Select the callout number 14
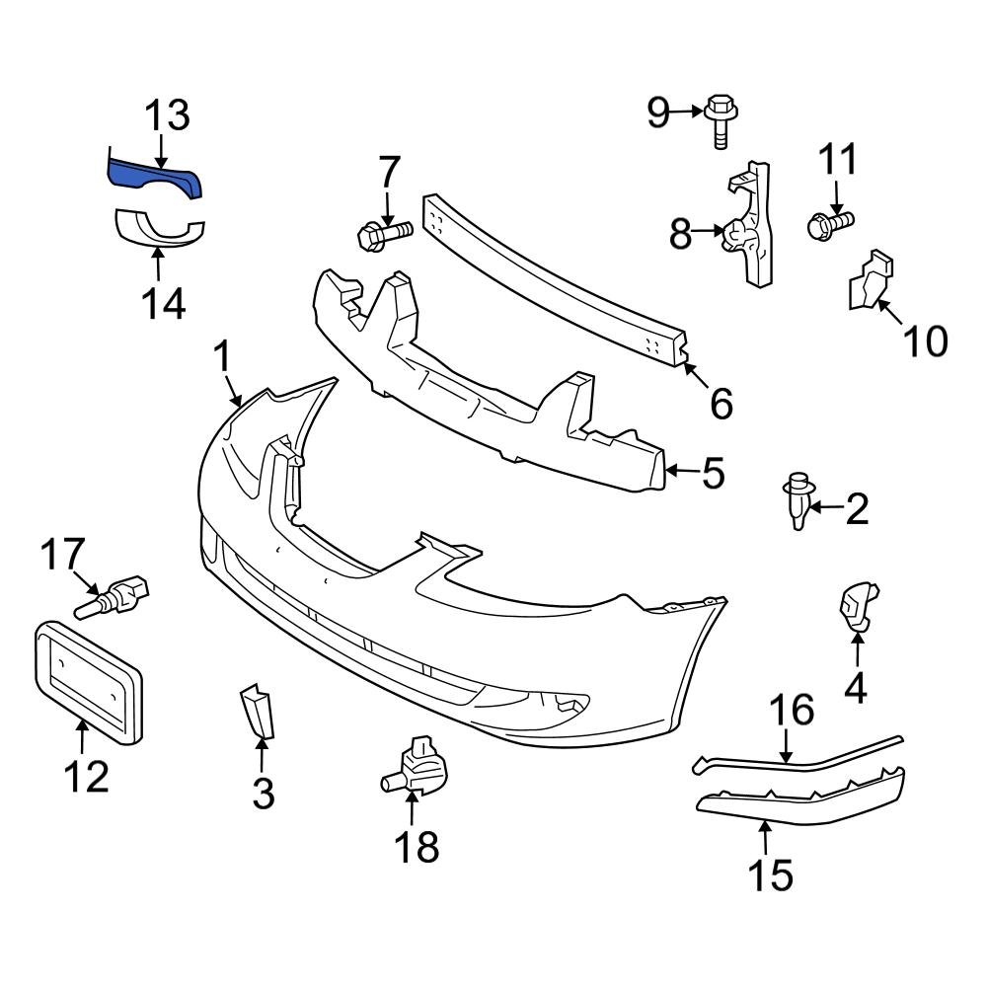[x=162, y=303]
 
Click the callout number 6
[x=721, y=402]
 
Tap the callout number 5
[x=714, y=473]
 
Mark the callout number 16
[x=792, y=710]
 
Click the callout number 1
[x=223, y=356]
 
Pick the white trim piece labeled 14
[x=158, y=228]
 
